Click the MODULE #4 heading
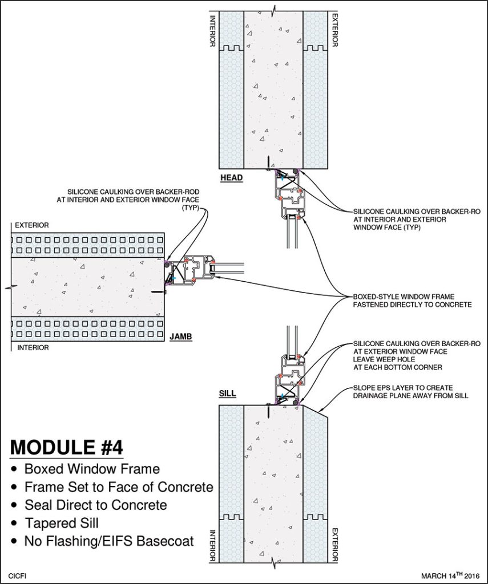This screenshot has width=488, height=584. [67, 445]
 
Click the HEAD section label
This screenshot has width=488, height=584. [232, 178]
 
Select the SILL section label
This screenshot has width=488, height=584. [228, 394]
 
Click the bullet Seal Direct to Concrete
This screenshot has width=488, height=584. [95, 505]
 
